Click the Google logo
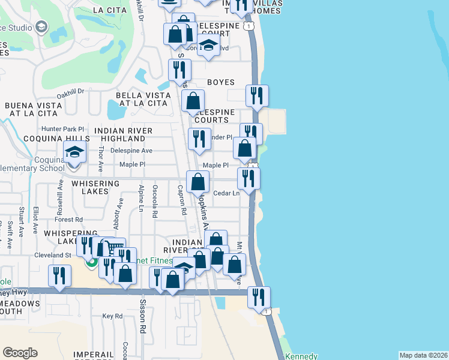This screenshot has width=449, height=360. pyautogui.click(x=20, y=353)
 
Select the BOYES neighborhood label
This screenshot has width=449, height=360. pyautogui.click(x=220, y=82)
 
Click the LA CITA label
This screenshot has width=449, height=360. pyautogui.click(x=109, y=10)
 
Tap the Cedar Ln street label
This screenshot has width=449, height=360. pyautogui.click(x=228, y=193)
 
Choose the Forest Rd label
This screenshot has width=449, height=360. pyautogui.click(x=70, y=220)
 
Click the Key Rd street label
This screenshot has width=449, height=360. pyautogui.click(x=112, y=316)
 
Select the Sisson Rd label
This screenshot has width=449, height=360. pyautogui.click(x=143, y=317)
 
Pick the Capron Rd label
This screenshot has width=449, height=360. pyautogui.click(x=181, y=200)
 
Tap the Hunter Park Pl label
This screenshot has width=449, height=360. pyautogui.click(x=67, y=129)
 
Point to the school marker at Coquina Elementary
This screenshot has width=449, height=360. pyautogui.click(x=74, y=152)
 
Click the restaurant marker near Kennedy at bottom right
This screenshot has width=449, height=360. pyautogui.click(x=259, y=296)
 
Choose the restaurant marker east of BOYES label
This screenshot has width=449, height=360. pyautogui.click(x=257, y=95)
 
